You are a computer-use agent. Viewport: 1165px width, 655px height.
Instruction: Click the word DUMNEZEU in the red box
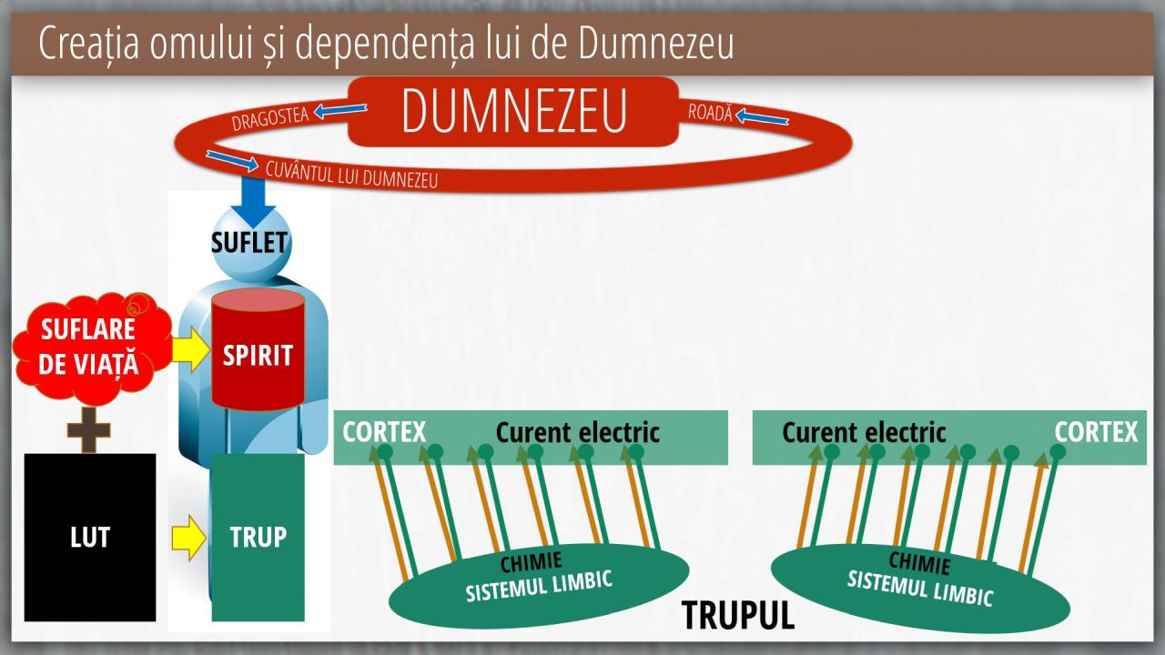tap(514, 111)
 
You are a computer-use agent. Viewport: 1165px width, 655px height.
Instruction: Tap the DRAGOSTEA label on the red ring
tap(270, 118)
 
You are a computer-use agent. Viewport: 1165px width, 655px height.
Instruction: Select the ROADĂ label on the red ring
tap(710, 112)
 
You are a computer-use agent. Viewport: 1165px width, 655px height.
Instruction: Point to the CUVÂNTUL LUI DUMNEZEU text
tap(351, 175)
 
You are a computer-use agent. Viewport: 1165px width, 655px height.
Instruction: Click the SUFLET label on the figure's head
tap(249, 243)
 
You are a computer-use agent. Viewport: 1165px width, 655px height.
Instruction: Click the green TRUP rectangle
tap(258, 537)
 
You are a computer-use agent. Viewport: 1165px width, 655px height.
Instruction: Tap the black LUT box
tap(90, 537)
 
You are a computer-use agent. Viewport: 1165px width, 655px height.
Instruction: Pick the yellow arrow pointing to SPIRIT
tap(190, 349)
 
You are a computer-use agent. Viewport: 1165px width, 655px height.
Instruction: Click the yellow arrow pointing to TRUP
tap(188, 538)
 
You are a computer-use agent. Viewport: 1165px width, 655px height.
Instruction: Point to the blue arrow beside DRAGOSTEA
tap(340, 110)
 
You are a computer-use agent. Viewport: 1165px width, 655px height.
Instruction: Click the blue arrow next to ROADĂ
tap(762, 117)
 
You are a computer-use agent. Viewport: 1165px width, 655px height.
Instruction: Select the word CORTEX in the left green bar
tap(384, 432)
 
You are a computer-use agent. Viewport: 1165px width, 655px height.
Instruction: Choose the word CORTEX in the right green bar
tap(1097, 432)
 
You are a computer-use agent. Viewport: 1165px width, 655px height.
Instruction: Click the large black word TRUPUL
tap(738, 615)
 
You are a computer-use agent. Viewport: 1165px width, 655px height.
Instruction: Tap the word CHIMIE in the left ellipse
tap(531, 561)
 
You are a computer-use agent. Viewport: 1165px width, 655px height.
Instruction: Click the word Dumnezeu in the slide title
tap(656, 43)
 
